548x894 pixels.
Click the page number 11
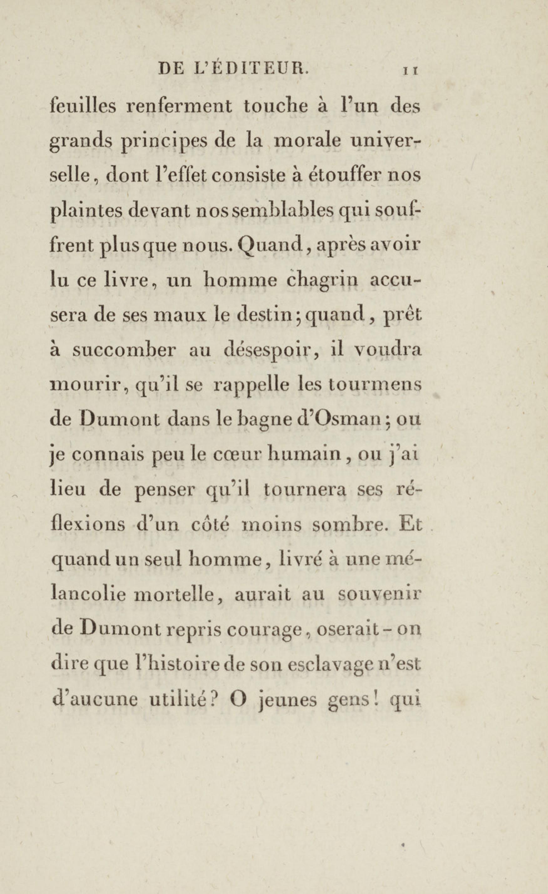(411, 71)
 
